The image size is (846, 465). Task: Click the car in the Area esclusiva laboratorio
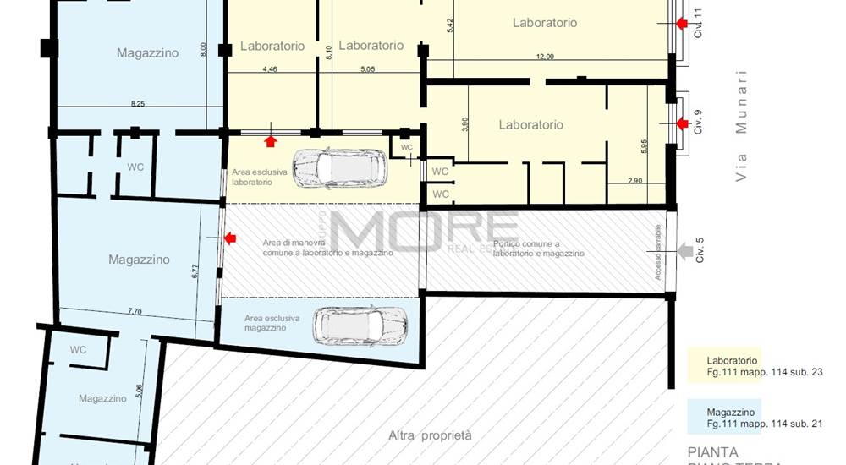[340, 168]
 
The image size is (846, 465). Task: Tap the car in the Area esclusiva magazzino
[360, 324]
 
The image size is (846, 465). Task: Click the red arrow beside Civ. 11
[682, 24]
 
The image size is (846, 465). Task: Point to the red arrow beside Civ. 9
[682, 124]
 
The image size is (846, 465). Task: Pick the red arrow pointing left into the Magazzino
[229, 239]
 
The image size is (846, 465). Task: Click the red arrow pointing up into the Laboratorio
[271, 140]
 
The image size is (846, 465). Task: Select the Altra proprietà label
[429, 435]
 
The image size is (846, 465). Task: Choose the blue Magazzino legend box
[724, 417]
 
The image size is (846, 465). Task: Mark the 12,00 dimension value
[545, 57]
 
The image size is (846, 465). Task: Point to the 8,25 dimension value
[137, 103]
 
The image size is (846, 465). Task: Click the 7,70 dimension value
[135, 311]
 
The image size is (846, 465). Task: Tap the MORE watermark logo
[423, 231]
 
